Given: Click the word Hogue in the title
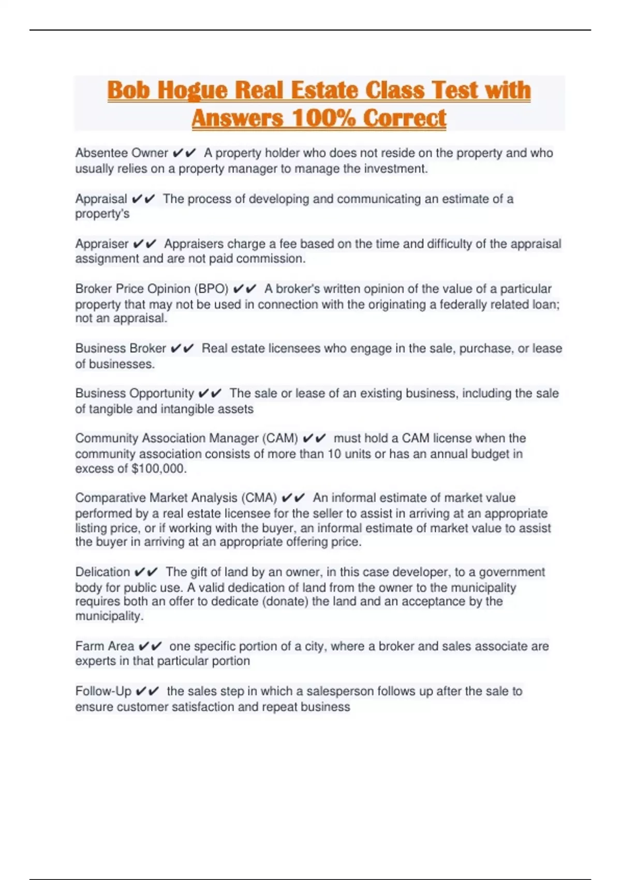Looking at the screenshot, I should tap(192, 91).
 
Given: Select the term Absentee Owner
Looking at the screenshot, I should tap(122, 153).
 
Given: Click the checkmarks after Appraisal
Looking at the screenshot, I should tap(143, 199).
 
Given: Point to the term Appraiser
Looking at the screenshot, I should tap(102, 244).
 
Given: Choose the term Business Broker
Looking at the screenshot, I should tap(121, 348).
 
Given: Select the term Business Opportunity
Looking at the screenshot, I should tap(135, 393).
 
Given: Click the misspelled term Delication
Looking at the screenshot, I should tap(102, 572).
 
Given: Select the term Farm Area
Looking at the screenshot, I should tap(105, 647).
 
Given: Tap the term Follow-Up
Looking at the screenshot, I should tap(103, 692).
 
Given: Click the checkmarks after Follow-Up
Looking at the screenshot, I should tap(147, 692).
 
